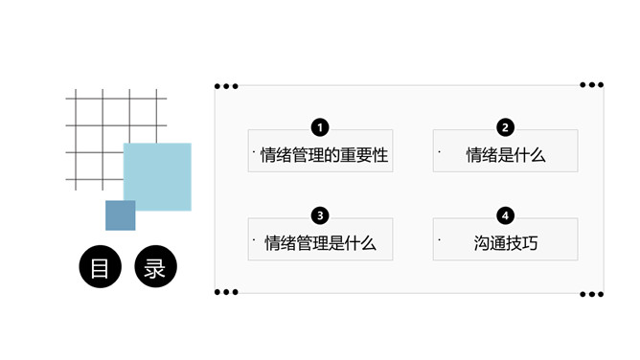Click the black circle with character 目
101,267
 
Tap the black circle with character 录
155,267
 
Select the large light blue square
158,175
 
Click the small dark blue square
120,215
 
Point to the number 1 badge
320,127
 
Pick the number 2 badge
505,127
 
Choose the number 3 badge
320,215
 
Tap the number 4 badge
505,215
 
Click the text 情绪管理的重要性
324,155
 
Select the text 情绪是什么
505,155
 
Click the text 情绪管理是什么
320,243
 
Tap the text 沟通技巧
505,243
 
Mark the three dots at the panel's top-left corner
226,86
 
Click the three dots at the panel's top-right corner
591,85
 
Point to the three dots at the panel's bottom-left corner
226,292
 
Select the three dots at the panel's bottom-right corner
591,292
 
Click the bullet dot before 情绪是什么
439,151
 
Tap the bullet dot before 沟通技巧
439,239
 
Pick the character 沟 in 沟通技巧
482,243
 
